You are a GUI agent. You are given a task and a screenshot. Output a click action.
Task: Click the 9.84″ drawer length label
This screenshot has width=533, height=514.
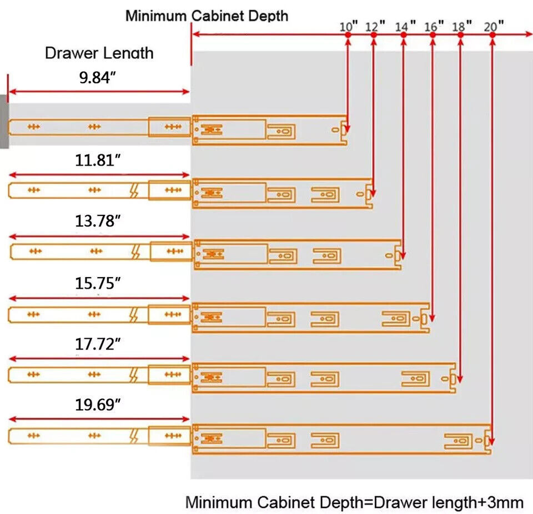(x=97, y=78)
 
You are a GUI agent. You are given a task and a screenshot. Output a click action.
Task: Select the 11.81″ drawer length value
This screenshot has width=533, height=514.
(x=98, y=160)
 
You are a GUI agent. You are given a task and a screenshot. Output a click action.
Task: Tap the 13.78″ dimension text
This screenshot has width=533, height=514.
(x=98, y=221)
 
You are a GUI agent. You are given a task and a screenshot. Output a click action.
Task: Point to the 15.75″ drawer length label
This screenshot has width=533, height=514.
(x=98, y=283)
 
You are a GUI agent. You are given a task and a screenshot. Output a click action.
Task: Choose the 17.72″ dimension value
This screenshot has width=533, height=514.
(x=98, y=344)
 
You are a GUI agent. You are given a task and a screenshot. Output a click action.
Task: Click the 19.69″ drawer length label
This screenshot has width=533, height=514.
(x=98, y=405)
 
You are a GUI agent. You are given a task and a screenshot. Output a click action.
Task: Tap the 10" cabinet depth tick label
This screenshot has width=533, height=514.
(x=349, y=26)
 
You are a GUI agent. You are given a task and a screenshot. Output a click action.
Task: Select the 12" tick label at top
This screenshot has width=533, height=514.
(x=375, y=26)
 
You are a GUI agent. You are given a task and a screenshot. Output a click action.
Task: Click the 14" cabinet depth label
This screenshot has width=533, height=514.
(x=405, y=26)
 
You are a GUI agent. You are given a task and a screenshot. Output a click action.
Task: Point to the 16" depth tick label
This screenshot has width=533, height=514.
(x=434, y=26)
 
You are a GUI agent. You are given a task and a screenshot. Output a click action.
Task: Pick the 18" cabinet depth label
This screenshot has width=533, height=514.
(x=462, y=26)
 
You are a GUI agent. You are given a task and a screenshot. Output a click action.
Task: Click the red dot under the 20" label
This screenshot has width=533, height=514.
(x=492, y=34)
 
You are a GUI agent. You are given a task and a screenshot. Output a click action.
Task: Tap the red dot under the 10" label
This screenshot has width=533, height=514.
(x=348, y=34)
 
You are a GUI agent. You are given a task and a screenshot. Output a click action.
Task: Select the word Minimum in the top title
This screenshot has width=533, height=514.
(x=156, y=16)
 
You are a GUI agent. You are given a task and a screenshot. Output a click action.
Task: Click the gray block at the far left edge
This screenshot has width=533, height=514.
(x=4, y=122)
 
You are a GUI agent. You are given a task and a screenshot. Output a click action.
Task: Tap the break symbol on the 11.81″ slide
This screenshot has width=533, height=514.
(x=134, y=190)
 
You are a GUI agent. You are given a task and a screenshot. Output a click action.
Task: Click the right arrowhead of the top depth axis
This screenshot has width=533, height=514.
(x=529, y=34)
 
